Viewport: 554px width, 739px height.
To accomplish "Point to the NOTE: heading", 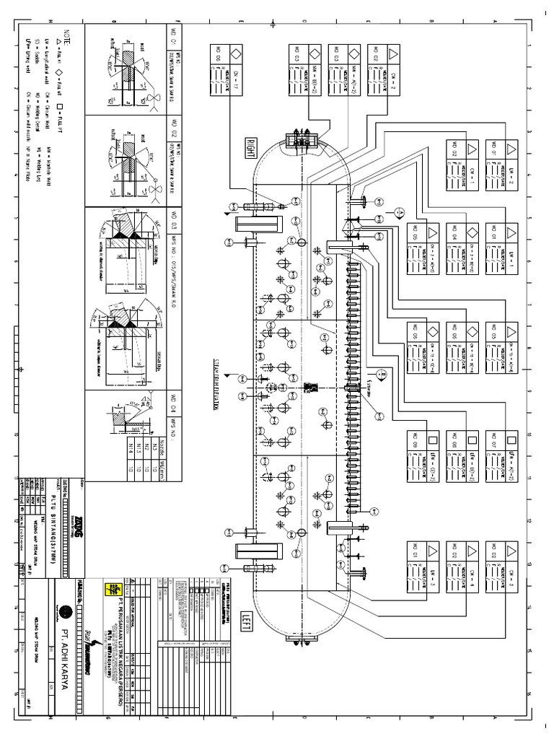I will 68,35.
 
